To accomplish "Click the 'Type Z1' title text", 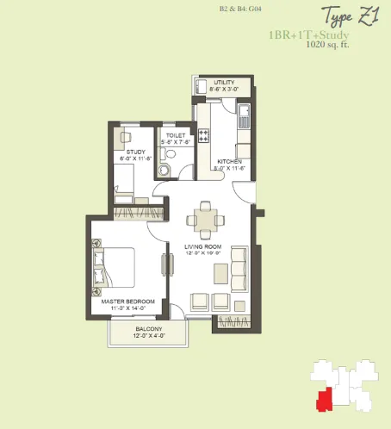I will (x=351, y=16).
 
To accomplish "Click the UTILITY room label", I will (x=224, y=82).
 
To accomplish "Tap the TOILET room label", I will (x=177, y=135).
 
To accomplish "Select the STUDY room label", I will (x=135, y=152).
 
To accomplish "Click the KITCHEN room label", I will (x=228, y=162).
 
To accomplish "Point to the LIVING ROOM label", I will (x=203, y=247).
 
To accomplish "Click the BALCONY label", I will (x=148, y=329).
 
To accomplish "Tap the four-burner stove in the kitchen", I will (x=204, y=135).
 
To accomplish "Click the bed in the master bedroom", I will (x=116, y=267).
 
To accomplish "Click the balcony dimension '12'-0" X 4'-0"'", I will (x=148, y=336).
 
